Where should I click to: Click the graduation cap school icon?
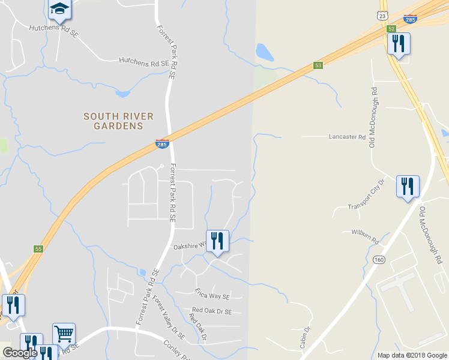pos(59,8)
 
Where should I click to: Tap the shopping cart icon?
pos(64,333)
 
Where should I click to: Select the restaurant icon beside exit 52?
pos(399,44)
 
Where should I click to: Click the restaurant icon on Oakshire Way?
pos(217,241)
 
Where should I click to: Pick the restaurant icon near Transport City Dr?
pos(408,187)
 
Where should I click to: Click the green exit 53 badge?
pos(318,65)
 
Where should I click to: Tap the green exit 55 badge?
pos(38,248)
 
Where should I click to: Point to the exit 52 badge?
pos(391,29)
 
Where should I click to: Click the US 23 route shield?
pos(383,16)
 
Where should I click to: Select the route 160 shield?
pos(378,260)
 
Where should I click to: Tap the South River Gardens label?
pos(118,121)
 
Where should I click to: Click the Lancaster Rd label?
pos(347,137)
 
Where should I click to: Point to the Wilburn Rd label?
pos(366,236)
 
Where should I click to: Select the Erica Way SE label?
pos(212,294)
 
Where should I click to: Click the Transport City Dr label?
pos(366,194)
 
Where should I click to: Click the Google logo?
pos(20,353)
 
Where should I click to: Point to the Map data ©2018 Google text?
pos(412,355)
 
